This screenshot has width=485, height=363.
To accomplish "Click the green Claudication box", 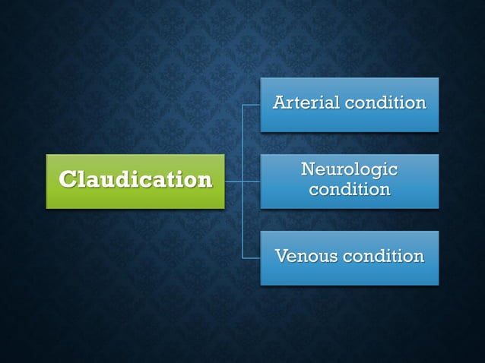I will point(135,181).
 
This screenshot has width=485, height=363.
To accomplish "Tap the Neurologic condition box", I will point(349,181).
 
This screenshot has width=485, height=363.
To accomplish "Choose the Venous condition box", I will point(349,257).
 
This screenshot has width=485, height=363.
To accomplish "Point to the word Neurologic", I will point(349,168).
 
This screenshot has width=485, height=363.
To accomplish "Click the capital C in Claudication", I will point(68,180).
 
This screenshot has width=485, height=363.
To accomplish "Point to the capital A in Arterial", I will point(279,102).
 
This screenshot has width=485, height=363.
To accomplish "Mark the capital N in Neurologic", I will point(308,168).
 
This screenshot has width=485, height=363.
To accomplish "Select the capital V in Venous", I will point(281,255).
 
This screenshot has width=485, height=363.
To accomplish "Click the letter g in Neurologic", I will point(382,170).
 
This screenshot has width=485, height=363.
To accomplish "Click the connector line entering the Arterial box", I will point(252,105).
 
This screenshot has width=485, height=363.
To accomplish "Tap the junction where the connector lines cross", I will point(242,182).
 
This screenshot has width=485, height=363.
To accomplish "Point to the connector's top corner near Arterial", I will point(242,105).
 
